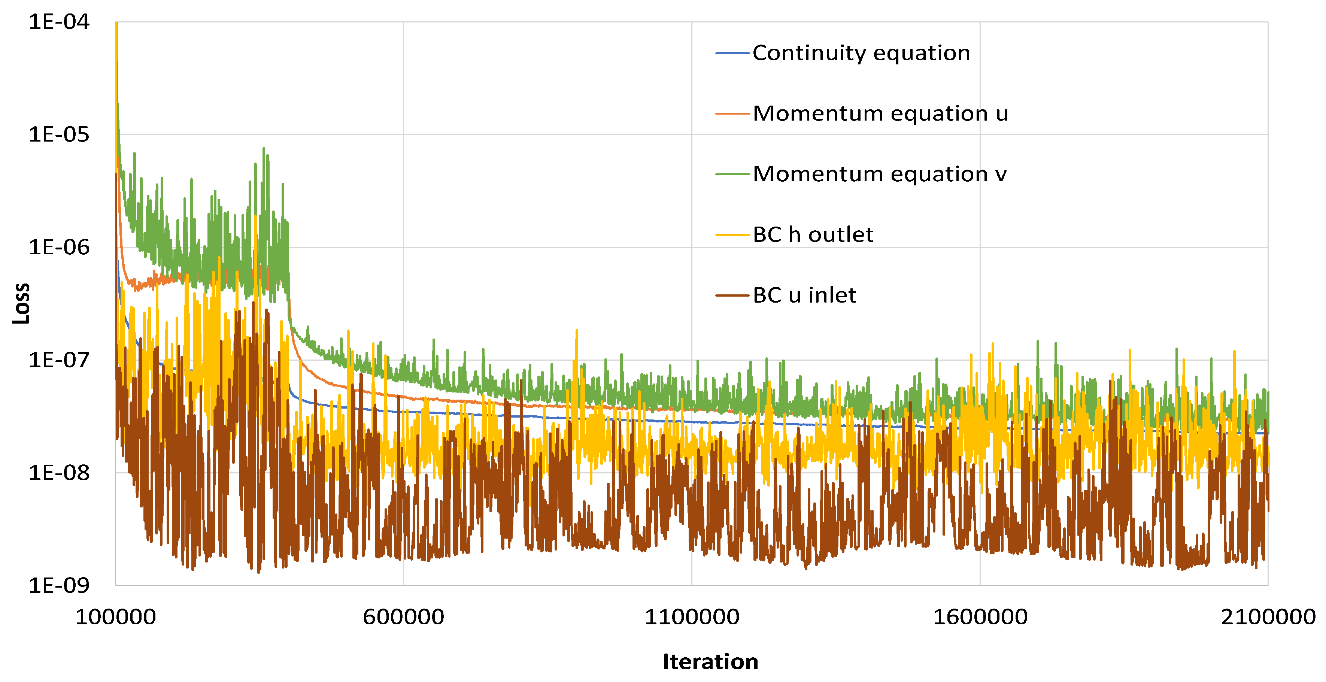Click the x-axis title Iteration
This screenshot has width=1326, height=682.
(x=710, y=662)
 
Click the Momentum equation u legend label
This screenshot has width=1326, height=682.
(x=880, y=114)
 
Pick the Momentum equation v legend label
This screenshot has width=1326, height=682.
(x=879, y=175)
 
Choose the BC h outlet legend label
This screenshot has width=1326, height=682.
(x=813, y=235)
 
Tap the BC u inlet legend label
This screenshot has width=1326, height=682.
(x=804, y=295)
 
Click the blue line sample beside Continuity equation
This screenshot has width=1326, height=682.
(x=732, y=54)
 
